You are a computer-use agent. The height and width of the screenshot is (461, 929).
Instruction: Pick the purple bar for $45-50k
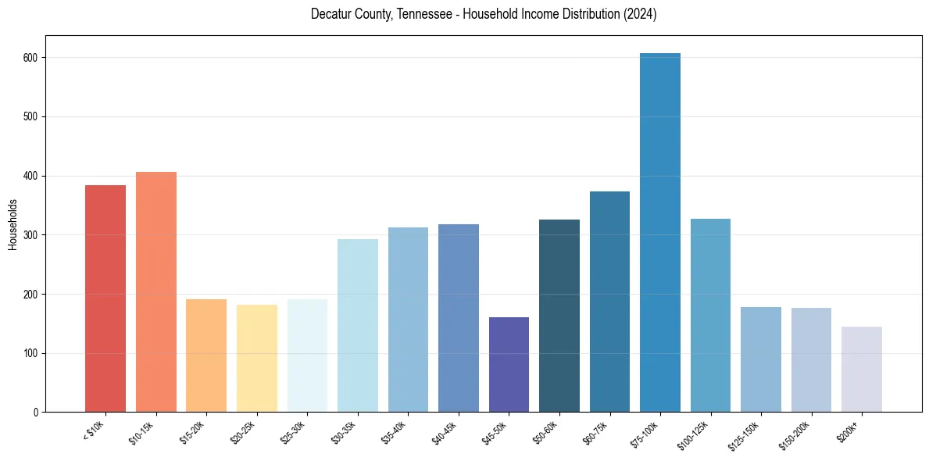[509, 364]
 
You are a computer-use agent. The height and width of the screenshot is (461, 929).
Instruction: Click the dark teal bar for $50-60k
[559, 316]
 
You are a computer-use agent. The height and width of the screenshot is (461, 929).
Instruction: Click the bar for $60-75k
[609, 302]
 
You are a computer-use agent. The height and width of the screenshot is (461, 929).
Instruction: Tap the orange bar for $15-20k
[206, 356]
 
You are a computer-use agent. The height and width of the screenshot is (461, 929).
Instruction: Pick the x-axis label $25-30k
[294, 433]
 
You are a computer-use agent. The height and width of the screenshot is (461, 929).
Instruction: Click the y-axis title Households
[13, 224]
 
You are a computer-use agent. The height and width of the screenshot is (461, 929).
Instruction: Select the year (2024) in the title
[638, 14]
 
